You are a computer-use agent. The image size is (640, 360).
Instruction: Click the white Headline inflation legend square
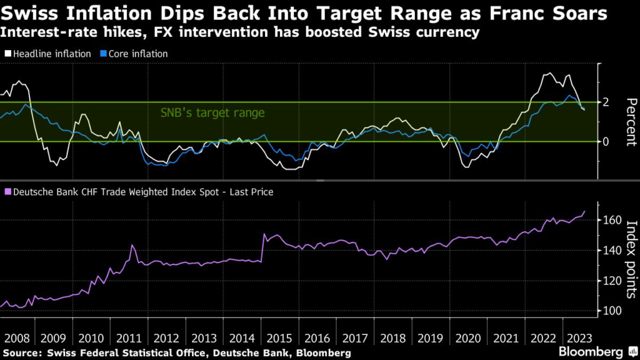(7, 54)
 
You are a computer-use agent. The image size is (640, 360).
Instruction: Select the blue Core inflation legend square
(103, 54)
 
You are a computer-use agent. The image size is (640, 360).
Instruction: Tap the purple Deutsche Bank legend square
(7, 192)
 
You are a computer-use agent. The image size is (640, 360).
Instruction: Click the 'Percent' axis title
(630, 122)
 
